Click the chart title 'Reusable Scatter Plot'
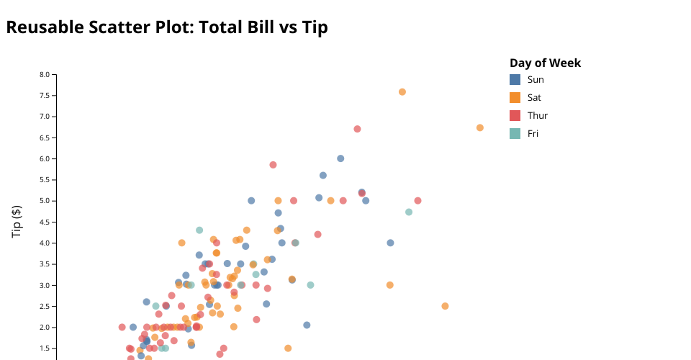167,28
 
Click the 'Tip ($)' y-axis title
17,221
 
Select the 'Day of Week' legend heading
545,63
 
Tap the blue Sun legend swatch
515,79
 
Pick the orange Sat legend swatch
515,97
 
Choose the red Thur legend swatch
515,115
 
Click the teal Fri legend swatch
515,133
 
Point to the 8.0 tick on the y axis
45,74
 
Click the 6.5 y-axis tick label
45,138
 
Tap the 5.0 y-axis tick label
45,201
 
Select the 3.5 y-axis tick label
45,264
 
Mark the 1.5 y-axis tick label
45,348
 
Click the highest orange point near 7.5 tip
402,92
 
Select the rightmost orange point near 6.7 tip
480,127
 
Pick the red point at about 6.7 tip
357,129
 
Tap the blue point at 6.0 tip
340,158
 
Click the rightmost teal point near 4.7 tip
409,212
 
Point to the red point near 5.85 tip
273,165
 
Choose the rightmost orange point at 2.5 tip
445,306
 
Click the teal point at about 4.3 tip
199,230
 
